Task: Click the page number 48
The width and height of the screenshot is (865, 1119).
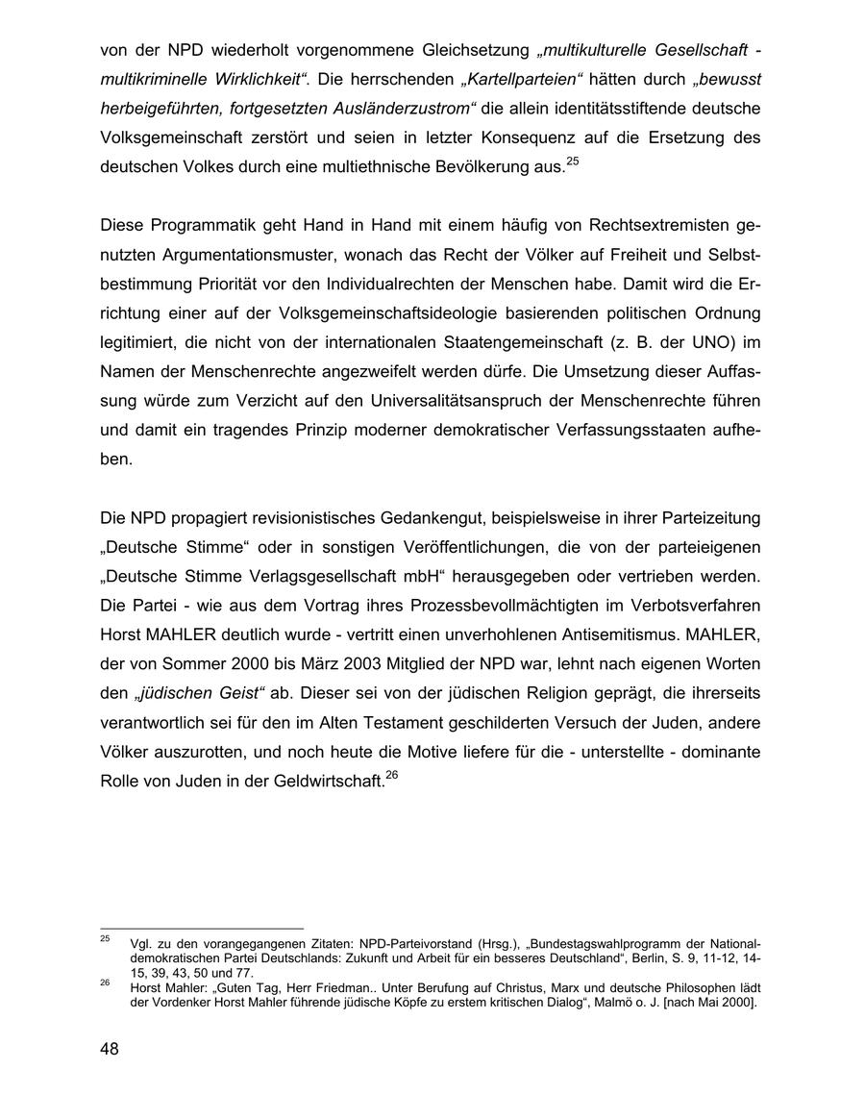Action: click(110, 1049)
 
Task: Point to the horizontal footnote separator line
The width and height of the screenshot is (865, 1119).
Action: click(201, 929)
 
